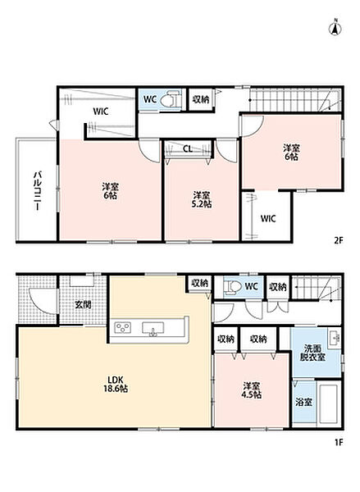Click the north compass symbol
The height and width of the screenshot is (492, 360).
point(335,28)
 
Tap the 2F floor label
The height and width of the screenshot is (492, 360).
point(338,240)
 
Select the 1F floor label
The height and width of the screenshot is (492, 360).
point(339,443)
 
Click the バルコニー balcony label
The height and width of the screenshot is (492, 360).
point(38,191)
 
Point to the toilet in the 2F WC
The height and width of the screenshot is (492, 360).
point(170,100)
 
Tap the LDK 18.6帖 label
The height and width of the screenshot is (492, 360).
point(115,384)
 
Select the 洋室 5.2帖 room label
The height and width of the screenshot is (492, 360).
point(202,199)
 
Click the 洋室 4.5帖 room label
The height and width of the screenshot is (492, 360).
point(251,390)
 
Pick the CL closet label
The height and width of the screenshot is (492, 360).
point(188,149)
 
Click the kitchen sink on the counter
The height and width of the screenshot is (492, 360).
point(153,329)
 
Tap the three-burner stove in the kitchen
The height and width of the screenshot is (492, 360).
point(123,328)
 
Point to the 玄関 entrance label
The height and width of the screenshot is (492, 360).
point(83,304)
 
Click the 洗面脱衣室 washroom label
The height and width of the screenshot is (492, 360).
point(312,353)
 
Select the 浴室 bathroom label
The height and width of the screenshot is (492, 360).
point(303,402)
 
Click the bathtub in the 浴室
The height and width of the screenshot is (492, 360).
point(329,403)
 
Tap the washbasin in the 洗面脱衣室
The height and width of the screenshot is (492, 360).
point(335,338)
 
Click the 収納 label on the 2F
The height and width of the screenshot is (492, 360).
point(201,100)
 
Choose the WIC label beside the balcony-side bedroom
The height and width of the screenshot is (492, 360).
point(101,112)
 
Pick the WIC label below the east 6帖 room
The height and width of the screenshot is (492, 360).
point(268,219)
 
